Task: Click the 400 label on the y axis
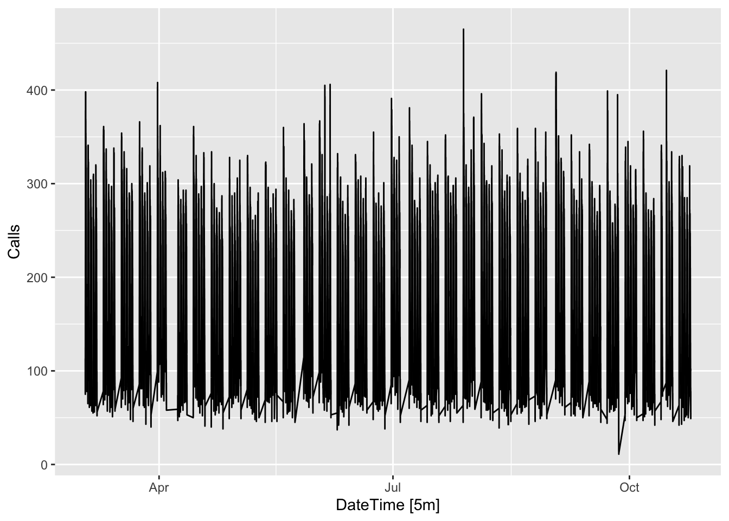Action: (x=36, y=90)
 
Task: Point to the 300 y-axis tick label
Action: (x=36, y=184)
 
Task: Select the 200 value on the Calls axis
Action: (x=36, y=278)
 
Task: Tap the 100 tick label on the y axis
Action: (x=36, y=371)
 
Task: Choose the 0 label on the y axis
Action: (x=44, y=465)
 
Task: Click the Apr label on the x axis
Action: (x=159, y=487)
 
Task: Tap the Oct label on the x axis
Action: (x=629, y=487)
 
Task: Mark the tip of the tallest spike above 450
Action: (x=463, y=29)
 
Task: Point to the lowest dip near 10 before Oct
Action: (x=619, y=454)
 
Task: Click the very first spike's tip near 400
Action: (x=86, y=92)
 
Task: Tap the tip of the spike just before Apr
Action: (x=157, y=82)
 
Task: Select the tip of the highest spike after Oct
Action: (x=666, y=71)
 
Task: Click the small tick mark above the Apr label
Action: (x=159, y=477)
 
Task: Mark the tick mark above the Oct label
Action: (x=629, y=477)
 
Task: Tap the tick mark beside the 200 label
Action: (x=53, y=277)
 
